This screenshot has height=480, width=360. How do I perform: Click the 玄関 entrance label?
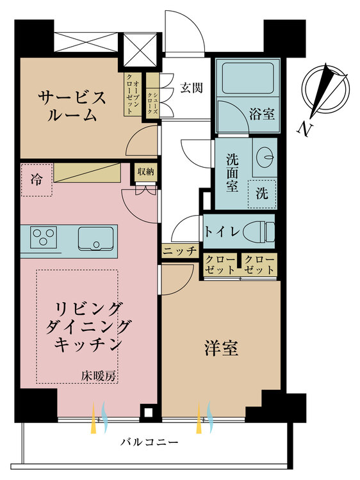(191, 88)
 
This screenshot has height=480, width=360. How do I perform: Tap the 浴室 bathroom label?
(262, 114)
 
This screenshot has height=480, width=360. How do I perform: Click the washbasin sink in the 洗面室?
(265, 157)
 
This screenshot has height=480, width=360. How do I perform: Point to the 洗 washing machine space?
(262, 194)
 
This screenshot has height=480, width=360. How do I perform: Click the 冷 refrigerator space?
(37, 180)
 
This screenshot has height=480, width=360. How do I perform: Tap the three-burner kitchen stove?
(44, 237)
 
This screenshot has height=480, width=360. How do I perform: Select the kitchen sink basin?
(96, 239)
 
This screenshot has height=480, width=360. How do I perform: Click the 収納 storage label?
(145, 172)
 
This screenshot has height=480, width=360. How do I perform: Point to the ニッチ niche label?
(180, 252)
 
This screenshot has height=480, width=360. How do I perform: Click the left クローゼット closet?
(220, 265)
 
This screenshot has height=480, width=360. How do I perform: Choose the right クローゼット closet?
(259, 265)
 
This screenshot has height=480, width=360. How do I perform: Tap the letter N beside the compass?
(304, 129)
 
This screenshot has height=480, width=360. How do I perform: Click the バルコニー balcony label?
(149, 442)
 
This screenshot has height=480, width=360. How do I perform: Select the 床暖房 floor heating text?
(99, 376)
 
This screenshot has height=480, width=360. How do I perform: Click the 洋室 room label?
(221, 348)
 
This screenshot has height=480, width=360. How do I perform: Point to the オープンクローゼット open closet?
(133, 94)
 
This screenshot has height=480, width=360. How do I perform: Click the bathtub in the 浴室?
(248, 78)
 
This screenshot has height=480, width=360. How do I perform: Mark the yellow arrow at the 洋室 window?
(199, 418)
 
